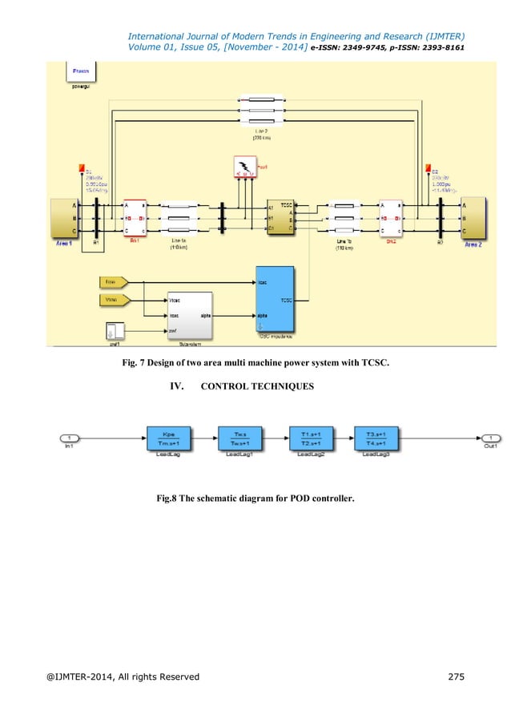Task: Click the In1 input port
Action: coord(72,438)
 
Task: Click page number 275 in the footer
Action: coord(453,677)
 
